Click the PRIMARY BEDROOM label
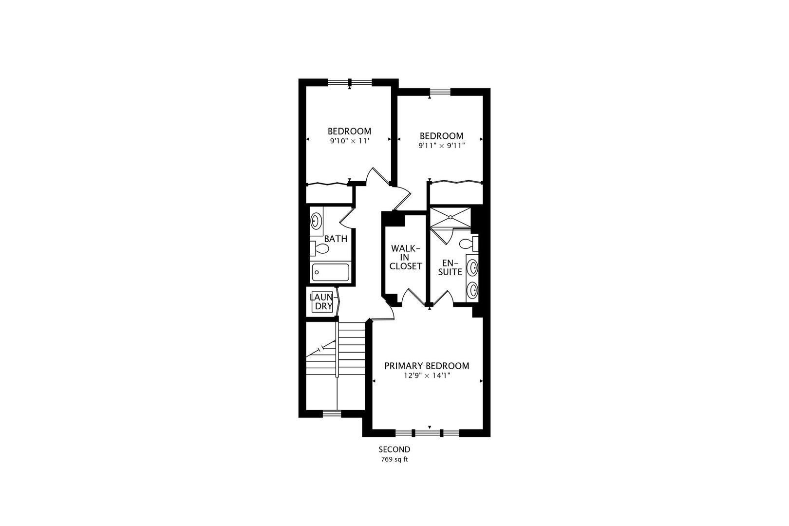pyautogui.click(x=427, y=366)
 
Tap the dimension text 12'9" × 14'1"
pyautogui.click(x=427, y=376)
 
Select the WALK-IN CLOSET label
pyautogui.click(x=406, y=257)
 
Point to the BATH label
pyautogui.click(x=336, y=239)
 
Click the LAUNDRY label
pyautogui.click(x=322, y=301)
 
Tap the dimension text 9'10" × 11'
pyautogui.click(x=349, y=141)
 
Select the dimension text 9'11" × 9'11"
pyautogui.click(x=441, y=145)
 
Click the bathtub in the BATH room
pyautogui.click(x=331, y=272)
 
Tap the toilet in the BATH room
pyautogui.click(x=319, y=248)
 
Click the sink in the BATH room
pyautogui.click(x=316, y=221)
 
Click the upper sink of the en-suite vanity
pyautogui.click(x=472, y=267)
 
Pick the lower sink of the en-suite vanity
pyautogui.click(x=472, y=291)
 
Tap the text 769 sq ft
pyautogui.click(x=394, y=459)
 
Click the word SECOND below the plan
pyautogui.click(x=394, y=450)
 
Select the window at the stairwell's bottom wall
pyautogui.click(x=332, y=413)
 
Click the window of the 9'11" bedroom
pyautogui.click(x=440, y=92)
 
